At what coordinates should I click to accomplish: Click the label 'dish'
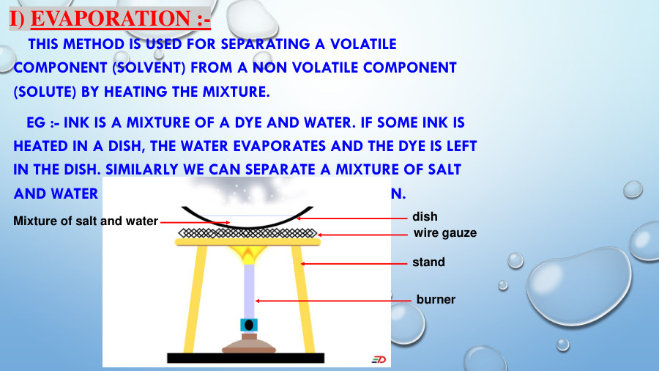[x=425, y=216]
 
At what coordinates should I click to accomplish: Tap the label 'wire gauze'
[x=445, y=232]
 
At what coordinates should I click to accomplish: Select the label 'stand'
[x=428, y=262]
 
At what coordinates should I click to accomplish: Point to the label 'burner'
[x=436, y=299]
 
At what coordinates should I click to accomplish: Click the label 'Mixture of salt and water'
[x=86, y=221]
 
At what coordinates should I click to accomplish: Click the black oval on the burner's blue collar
[x=249, y=325]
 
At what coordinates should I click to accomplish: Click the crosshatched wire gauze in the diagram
[x=249, y=234]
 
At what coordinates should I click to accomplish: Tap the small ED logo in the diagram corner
[x=379, y=359]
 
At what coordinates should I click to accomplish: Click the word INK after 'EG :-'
[x=78, y=123]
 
